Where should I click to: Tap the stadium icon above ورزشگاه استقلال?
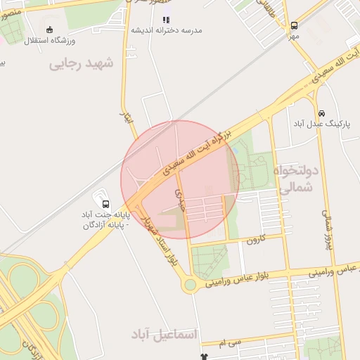(49, 30)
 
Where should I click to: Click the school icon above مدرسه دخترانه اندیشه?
(166, 20)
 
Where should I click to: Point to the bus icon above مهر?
(293, 25)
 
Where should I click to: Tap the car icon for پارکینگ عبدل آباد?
(321, 113)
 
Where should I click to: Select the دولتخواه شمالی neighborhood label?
(298, 180)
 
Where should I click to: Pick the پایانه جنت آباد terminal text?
(103, 219)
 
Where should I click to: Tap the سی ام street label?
(230, 343)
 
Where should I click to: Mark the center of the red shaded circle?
(180, 180)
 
